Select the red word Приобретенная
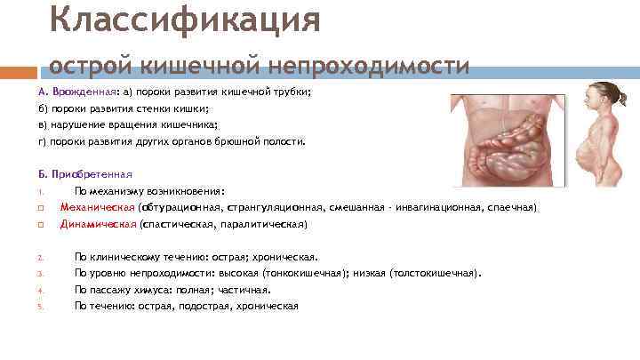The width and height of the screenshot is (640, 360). point(92,174)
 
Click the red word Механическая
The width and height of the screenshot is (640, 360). point(98,207)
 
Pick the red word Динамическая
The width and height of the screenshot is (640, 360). point(98,224)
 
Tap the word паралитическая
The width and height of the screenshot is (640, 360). point(264,224)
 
